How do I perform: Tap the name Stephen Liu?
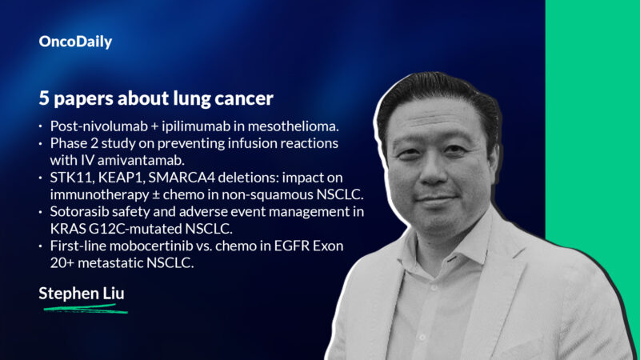click(82, 294)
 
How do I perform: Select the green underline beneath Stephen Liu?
click(83, 307)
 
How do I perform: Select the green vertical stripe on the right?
click(592, 180)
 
